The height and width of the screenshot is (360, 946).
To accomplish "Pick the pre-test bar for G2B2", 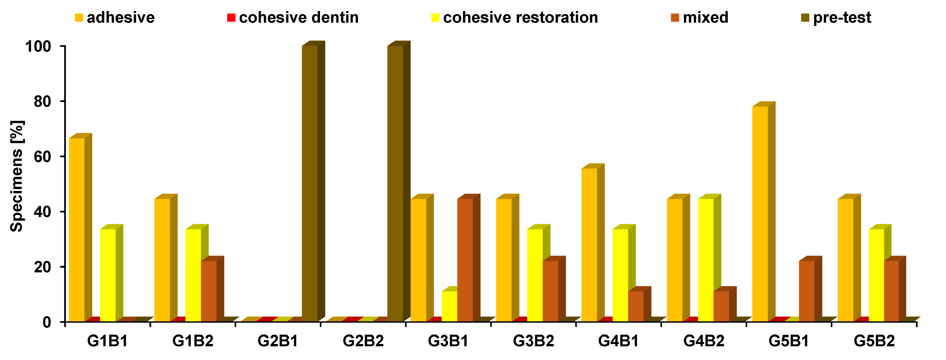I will [x=395, y=184].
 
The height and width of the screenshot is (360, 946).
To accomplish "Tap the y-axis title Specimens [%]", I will [x=17, y=176].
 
